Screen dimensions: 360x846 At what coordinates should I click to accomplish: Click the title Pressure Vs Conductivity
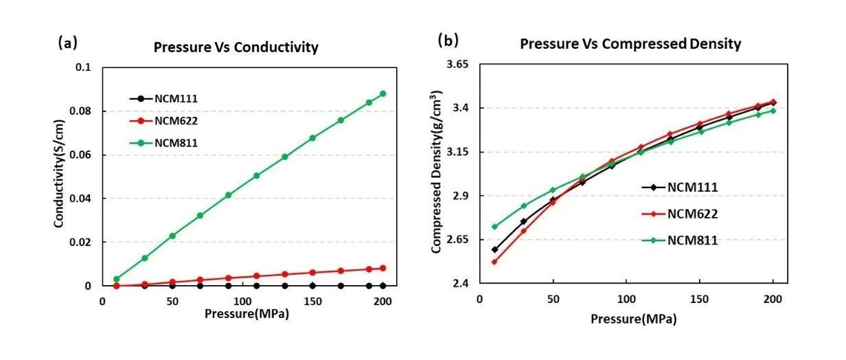tap(236, 48)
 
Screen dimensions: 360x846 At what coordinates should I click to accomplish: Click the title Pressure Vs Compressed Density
tap(630, 45)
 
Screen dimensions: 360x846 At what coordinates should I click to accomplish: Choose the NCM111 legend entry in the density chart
tap(692, 187)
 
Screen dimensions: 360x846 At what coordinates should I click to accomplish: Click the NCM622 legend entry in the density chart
tap(692, 214)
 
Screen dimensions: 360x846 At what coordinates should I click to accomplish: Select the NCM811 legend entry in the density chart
tap(692, 240)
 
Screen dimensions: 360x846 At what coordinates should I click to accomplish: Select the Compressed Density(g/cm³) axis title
tap(437, 172)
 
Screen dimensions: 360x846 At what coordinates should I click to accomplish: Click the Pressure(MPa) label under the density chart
tap(632, 319)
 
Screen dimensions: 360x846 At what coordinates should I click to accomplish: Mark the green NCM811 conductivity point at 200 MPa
tap(382, 93)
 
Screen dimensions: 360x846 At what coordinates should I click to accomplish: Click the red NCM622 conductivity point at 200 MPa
tap(382, 268)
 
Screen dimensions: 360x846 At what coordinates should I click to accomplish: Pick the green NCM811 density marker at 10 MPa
tap(494, 227)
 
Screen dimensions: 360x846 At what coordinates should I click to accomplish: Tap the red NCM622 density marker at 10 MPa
tap(494, 262)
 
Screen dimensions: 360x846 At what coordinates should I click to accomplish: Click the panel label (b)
tap(448, 41)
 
